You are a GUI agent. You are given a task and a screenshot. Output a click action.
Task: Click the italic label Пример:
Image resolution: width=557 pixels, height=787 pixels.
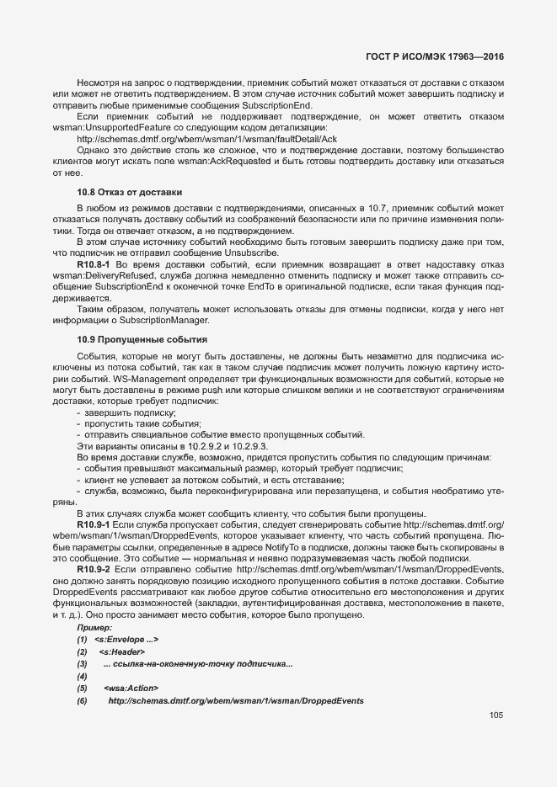[94, 629]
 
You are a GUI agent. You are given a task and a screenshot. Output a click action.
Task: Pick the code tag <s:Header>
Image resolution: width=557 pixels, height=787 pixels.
[121, 652]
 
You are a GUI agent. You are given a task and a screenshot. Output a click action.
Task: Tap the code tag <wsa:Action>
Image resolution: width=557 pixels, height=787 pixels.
[130, 689]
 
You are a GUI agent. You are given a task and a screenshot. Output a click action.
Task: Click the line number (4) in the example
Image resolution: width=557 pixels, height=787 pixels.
[83, 677]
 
